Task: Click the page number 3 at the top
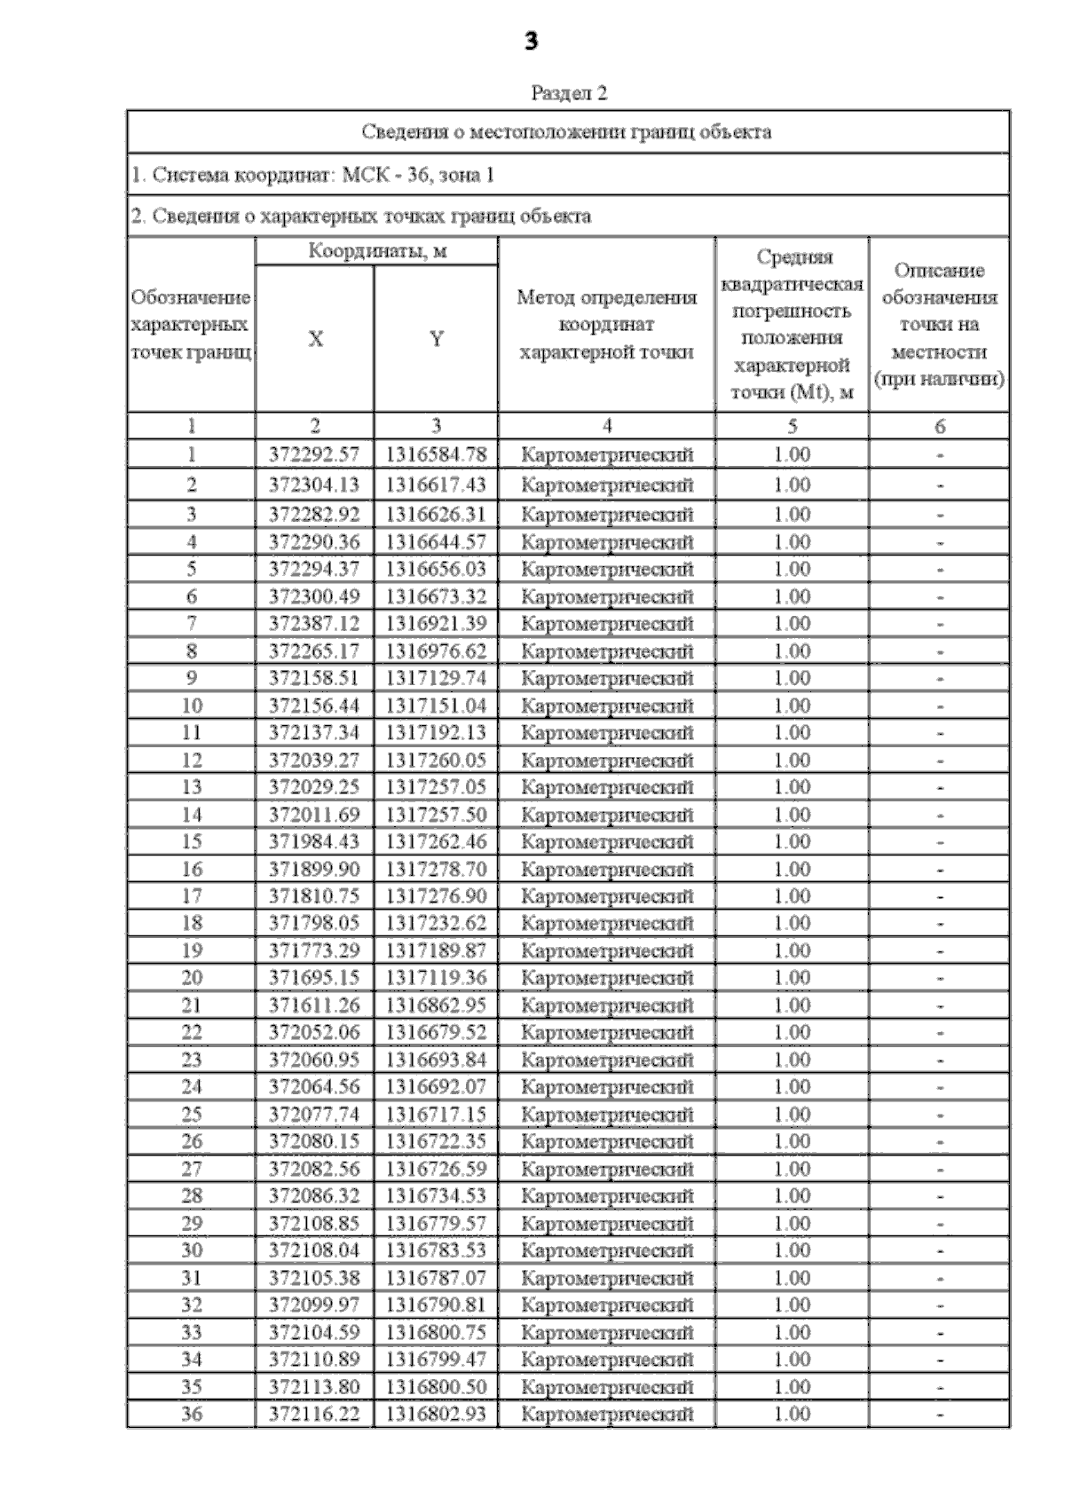point(532,41)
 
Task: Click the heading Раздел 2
point(569,93)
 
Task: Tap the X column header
point(315,338)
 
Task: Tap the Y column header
point(436,338)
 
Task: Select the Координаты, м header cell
point(377,251)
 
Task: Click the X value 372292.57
point(315,454)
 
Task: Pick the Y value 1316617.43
point(436,485)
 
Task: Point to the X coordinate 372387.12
point(315,623)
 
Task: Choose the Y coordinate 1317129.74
point(436,678)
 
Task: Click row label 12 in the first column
point(192,760)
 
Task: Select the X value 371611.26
point(315,1005)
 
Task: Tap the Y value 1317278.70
point(436,869)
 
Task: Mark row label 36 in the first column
point(192,1414)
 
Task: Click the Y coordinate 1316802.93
point(436,1414)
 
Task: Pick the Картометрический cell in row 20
point(607,978)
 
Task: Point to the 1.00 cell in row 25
point(792,1114)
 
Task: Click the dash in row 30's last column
point(940,1250)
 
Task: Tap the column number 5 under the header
point(792,427)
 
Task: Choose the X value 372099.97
point(315,1305)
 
